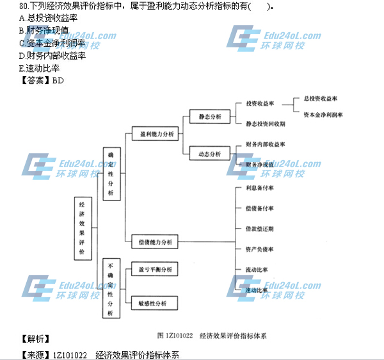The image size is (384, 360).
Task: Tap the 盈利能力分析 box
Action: [152, 135]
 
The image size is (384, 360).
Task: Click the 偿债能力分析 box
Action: [152, 242]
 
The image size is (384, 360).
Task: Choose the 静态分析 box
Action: [210, 117]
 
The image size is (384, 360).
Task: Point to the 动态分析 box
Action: [210, 154]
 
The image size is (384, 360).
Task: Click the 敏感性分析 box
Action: [152, 302]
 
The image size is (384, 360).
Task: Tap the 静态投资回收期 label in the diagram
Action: [265, 123]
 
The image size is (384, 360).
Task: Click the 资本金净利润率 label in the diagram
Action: [323, 115]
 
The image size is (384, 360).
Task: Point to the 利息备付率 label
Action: [259, 188]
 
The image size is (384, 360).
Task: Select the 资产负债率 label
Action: [259, 249]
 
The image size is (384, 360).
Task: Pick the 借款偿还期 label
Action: [259, 229]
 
